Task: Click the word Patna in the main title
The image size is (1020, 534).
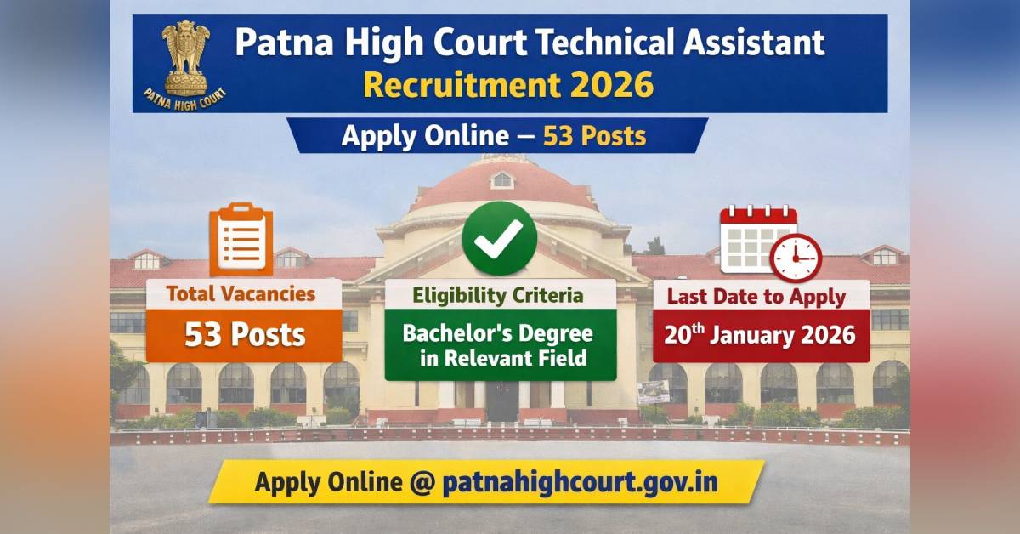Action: click(x=275, y=43)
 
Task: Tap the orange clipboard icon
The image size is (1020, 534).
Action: click(x=241, y=241)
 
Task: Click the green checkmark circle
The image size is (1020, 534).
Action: click(x=499, y=239)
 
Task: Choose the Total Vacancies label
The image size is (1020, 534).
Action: click(x=241, y=294)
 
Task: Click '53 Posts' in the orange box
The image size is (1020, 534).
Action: click(x=245, y=334)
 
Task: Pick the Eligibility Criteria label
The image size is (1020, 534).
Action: click(x=499, y=295)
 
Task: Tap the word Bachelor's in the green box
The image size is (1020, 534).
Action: click(x=450, y=332)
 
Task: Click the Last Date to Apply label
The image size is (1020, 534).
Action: click(x=756, y=297)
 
